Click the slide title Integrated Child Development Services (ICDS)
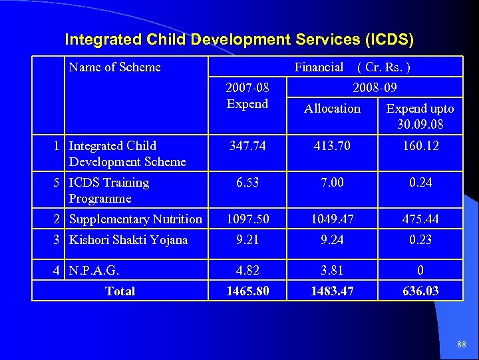[x=239, y=40]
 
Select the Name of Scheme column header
[x=115, y=67]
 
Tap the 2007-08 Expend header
[x=247, y=95]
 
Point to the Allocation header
[x=332, y=109]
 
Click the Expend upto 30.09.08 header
[x=420, y=117]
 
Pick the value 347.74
[x=247, y=145]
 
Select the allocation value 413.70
[x=332, y=145]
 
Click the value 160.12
[x=420, y=145]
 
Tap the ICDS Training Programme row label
[x=109, y=190]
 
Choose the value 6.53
[x=247, y=182]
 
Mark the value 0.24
[x=420, y=182]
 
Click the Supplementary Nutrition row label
[x=136, y=219]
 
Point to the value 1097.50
[x=247, y=219]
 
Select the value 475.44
[x=420, y=219]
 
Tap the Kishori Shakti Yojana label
[x=128, y=239]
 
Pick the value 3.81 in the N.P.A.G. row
[x=332, y=271]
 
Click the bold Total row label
[x=120, y=291]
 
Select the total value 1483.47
[x=332, y=291]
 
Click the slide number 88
[x=462, y=345]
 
